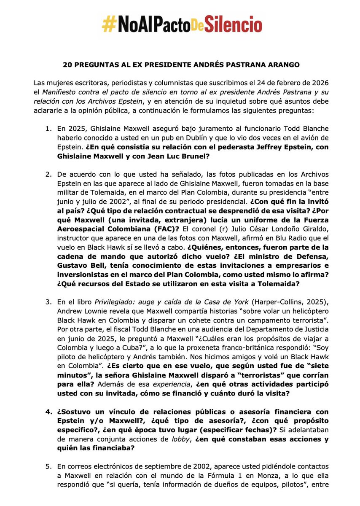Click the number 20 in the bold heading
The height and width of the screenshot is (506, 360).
click(x=67, y=66)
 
